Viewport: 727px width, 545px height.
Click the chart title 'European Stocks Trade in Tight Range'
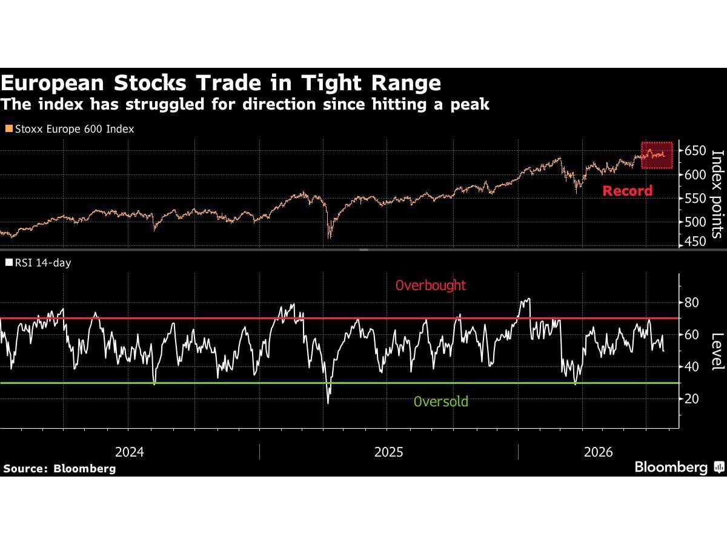pos(221,83)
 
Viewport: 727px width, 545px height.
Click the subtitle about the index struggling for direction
pos(245,104)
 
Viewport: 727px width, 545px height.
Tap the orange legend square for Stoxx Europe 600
pos(9,128)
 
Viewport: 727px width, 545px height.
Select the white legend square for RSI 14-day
pos(9,262)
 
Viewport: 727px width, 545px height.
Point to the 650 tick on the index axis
pos(695,151)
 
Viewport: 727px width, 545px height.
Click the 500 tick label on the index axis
pos(695,222)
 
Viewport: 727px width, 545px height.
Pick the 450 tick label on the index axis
pos(695,242)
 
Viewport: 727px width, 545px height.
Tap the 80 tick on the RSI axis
pos(691,302)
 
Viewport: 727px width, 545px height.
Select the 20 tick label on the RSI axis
pos(691,398)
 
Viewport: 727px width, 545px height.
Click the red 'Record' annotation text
pos(627,191)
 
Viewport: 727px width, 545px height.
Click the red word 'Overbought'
pos(431,285)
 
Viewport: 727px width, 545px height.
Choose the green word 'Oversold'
pos(441,401)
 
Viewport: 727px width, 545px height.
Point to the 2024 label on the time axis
pos(130,452)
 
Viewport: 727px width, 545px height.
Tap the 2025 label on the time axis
pos(388,452)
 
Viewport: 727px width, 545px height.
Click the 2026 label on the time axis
pos(598,452)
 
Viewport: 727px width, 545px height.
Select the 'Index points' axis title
pos(717,194)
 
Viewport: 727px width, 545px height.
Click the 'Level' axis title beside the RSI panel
pos(717,351)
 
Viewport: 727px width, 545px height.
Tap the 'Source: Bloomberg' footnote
pos(59,469)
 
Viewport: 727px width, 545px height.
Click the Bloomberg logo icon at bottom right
pos(719,467)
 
